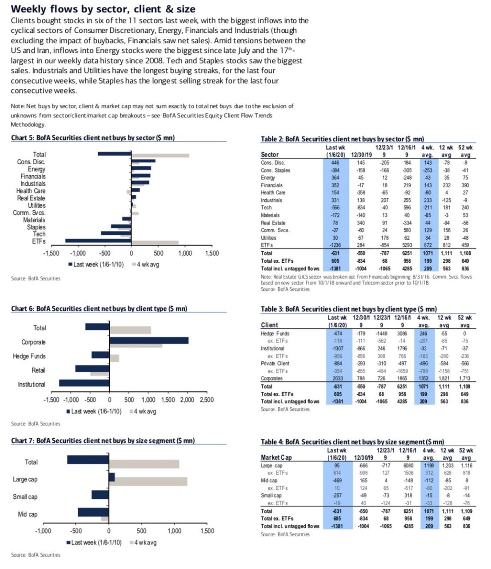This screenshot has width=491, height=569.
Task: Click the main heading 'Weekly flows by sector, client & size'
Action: click(x=103, y=9)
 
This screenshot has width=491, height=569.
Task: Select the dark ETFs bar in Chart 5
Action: click(x=98, y=240)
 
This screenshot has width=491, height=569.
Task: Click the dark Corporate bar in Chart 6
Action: click(x=149, y=341)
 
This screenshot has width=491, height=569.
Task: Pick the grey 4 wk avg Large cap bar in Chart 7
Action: click(x=148, y=481)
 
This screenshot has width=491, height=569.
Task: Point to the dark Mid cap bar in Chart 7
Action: click(x=93, y=512)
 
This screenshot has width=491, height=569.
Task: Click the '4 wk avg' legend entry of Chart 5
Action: click(x=146, y=264)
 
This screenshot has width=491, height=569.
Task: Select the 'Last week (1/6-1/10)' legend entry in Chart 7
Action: click(x=94, y=543)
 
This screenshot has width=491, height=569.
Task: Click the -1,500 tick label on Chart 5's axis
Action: click(x=51, y=253)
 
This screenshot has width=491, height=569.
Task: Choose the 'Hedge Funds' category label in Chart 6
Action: click(x=29, y=356)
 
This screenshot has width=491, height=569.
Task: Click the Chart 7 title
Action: click(x=103, y=441)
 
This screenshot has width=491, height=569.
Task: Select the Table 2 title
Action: click(x=342, y=139)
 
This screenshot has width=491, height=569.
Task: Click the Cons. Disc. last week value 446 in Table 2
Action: click(x=335, y=163)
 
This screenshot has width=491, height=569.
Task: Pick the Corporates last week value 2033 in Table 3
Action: click(x=337, y=378)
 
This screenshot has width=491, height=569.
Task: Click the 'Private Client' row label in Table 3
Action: click(x=275, y=363)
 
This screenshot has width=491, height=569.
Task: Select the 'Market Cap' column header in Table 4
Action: click(x=276, y=457)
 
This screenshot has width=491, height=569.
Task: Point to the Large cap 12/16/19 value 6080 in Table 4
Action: click(x=408, y=465)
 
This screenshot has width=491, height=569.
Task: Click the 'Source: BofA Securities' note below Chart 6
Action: click(x=36, y=424)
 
